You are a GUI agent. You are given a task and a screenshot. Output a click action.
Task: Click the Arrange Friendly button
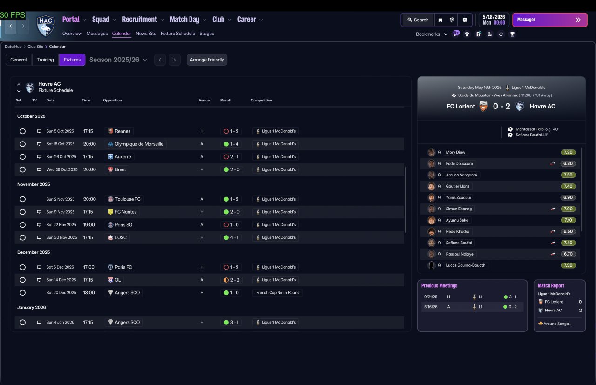click(x=207, y=60)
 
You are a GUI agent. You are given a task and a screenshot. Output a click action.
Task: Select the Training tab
click(x=45, y=60)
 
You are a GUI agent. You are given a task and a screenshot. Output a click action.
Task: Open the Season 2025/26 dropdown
click(x=118, y=60)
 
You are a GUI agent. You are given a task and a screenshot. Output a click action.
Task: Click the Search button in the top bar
click(x=418, y=20)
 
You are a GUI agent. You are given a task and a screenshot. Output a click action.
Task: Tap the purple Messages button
click(x=550, y=20)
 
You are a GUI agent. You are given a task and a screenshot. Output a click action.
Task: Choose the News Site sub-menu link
click(x=146, y=34)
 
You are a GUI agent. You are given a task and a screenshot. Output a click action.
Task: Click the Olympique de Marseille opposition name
click(x=139, y=144)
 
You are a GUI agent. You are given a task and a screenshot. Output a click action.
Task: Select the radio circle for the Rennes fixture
click(x=23, y=131)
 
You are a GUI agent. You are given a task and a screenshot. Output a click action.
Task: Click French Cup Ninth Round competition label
click(x=278, y=293)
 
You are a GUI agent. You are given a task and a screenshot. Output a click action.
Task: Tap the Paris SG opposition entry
click(x=123, y=225)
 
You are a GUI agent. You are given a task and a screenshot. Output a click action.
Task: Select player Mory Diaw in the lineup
click(x=455, y=152)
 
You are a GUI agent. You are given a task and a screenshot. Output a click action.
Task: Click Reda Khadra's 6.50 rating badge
click(x=568, y=231)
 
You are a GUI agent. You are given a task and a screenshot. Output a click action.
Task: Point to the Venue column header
click(x=204, y=100)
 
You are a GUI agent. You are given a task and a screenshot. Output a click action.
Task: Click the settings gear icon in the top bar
click(x=465, y=20)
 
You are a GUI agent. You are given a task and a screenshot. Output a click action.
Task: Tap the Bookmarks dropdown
click(x=431, y=34)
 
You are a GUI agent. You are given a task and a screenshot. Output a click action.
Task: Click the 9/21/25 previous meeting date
click(x=431, y=297)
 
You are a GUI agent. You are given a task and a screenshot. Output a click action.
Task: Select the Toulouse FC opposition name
click(x=128, y=199)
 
